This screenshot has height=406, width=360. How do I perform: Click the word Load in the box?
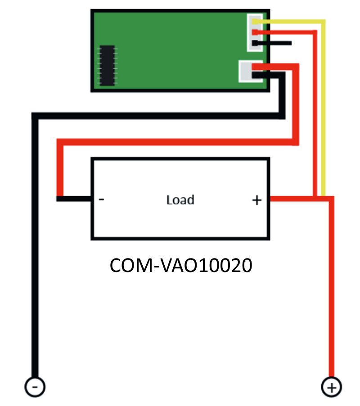point(180,199)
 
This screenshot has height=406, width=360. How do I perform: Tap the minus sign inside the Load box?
point(101,199)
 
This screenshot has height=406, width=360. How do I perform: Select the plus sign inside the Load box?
point(256,200)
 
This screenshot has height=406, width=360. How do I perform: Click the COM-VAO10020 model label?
point(181,265)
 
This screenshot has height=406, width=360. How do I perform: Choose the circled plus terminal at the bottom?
point(331,387)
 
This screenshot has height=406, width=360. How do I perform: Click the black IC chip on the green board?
point(107,65)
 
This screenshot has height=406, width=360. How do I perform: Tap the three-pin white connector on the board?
point(254,32)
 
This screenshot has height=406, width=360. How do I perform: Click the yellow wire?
point(323,112)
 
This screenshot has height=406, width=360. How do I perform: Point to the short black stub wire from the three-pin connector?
point(274,43)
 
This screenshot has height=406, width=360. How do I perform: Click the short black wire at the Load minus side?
point(74,198)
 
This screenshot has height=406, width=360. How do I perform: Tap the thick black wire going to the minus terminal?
point(35,247)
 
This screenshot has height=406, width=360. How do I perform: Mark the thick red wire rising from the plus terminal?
point(331,292)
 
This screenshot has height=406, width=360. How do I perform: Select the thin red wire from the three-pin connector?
point(314,112)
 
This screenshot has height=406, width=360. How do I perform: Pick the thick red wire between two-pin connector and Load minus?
point(180,142)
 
